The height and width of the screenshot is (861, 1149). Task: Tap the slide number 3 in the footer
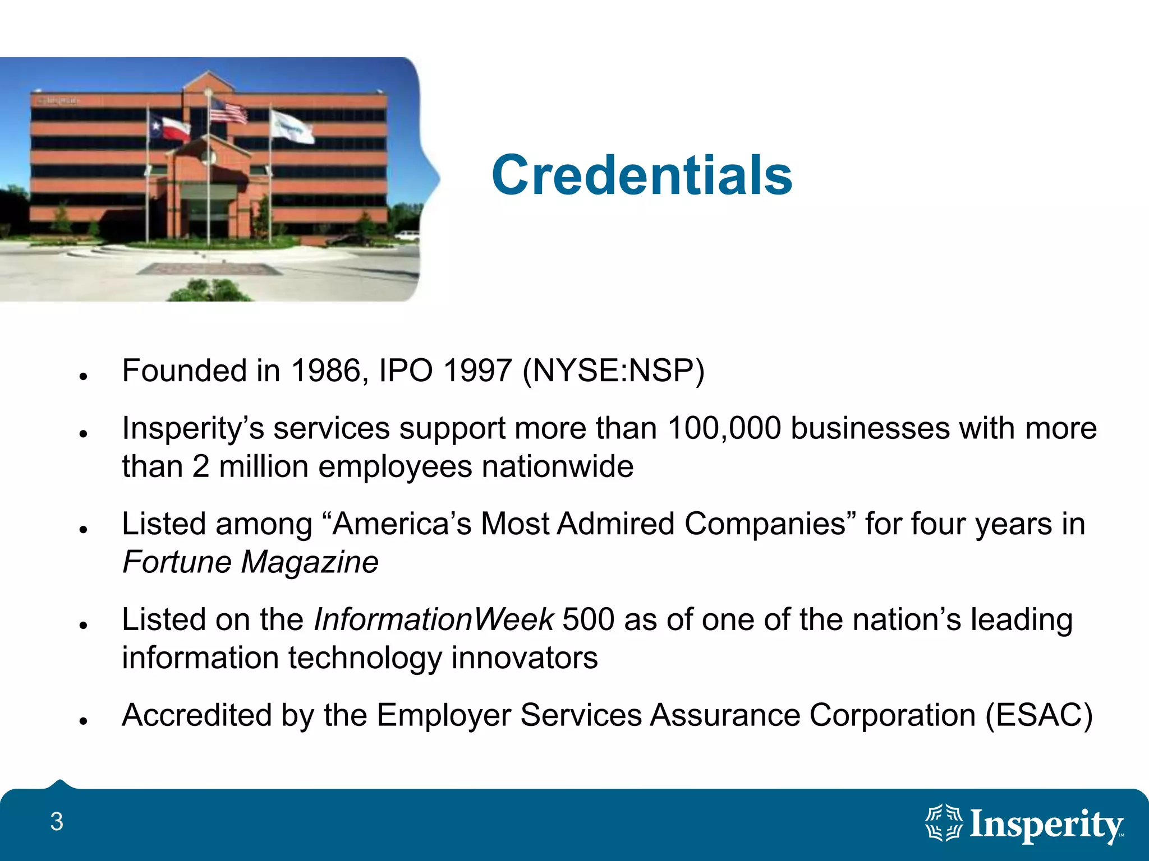click(57, 822)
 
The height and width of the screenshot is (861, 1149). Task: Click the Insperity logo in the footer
click(1024, 825)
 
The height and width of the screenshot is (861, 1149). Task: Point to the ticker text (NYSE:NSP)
click(613, 371)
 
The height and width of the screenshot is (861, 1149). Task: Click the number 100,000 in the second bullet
click(724, 429)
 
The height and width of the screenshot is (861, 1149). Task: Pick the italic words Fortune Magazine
click(250, 562)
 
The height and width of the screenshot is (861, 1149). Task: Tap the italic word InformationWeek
click(433, 620)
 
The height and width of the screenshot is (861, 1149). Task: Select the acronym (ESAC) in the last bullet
click(1039, 716)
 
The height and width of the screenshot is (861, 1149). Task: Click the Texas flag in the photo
click(169, 128)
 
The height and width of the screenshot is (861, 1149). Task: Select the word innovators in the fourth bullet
click(524, 658)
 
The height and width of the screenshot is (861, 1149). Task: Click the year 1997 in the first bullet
click(477, 371)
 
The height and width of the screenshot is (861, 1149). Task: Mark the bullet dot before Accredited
click(84, 721)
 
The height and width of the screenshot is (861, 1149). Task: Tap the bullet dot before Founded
click(84, 376)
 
